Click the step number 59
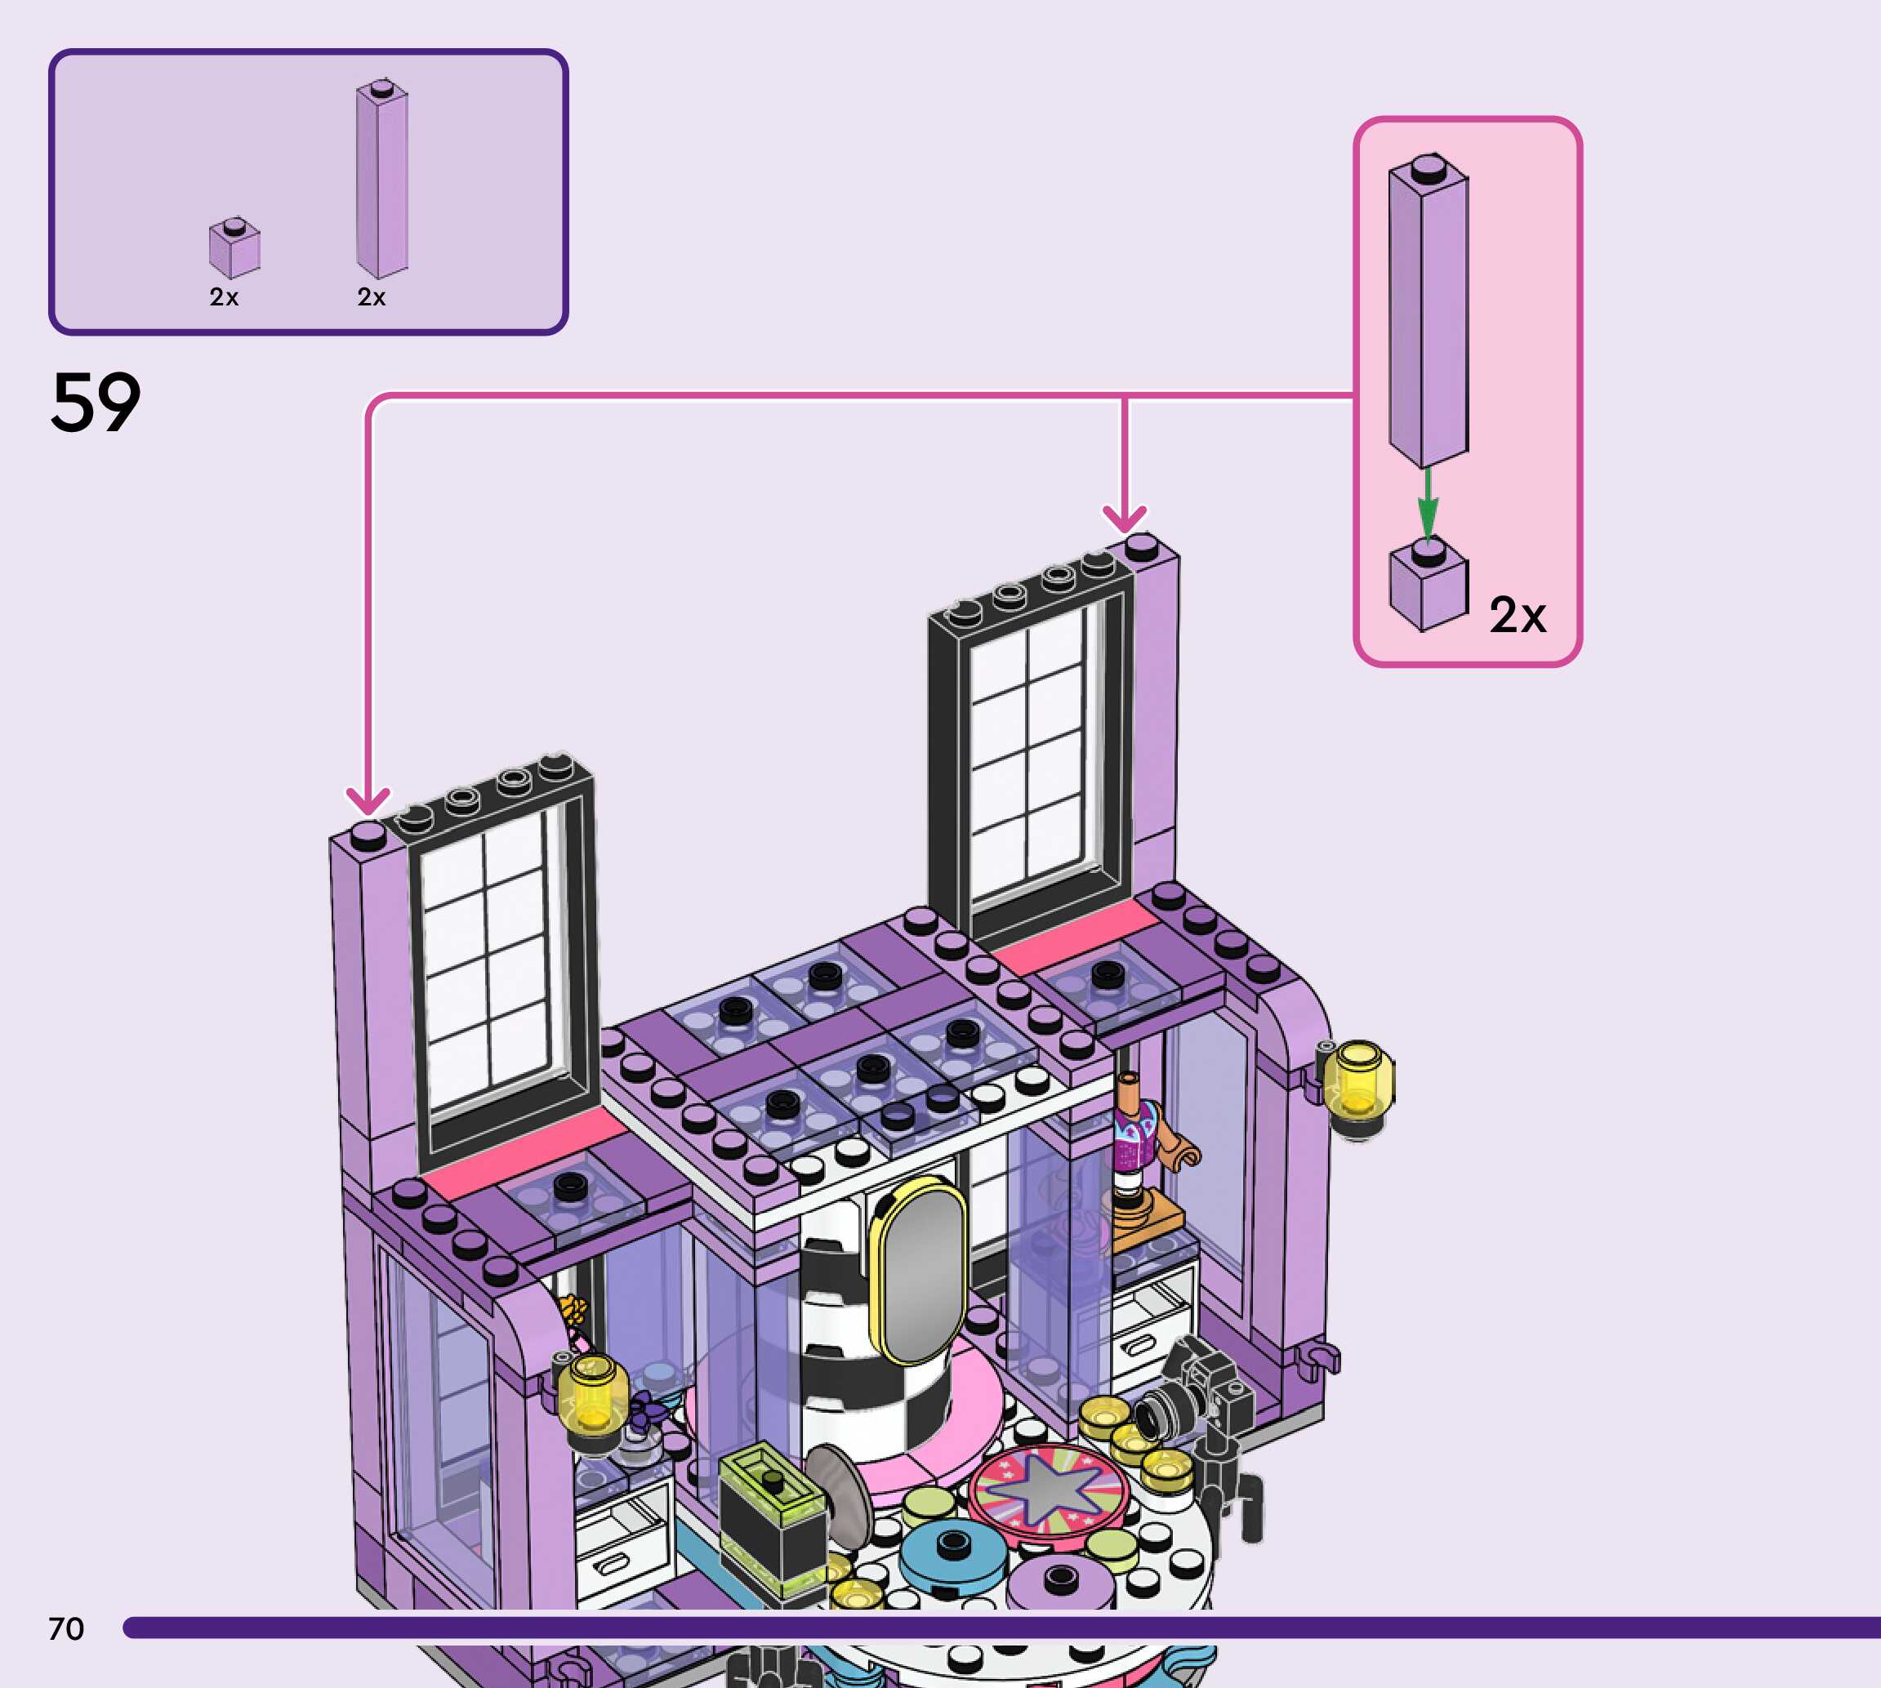[96, 403]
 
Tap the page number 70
[66, 1628]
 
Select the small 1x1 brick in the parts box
[234, 248]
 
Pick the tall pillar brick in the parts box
[382, 179]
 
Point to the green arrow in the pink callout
[1428, 505]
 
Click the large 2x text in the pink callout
[1518, 615]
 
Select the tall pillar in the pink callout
[1429, 310]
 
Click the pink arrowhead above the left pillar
[368, 799]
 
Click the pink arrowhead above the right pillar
[1124, 519]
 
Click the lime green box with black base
[773, 1511]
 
